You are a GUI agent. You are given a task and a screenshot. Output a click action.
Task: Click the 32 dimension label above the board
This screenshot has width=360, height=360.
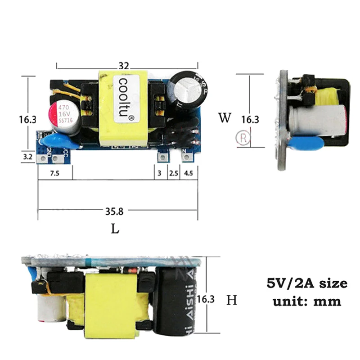tap(124, 66)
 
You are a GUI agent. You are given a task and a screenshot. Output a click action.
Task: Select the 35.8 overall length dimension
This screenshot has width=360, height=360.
tap(113, 210)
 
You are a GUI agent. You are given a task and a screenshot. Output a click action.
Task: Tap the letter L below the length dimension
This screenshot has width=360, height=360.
tap(116, 229)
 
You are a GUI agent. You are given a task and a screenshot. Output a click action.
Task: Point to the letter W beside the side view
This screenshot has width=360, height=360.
tap(225, 118)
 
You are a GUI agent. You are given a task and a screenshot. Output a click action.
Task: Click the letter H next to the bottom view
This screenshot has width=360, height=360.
tap(231, 300)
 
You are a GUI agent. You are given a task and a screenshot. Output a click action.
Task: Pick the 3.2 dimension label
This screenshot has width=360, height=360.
tap(28, 157)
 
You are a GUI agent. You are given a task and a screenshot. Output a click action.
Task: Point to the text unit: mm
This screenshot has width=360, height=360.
tap(307, 301)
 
